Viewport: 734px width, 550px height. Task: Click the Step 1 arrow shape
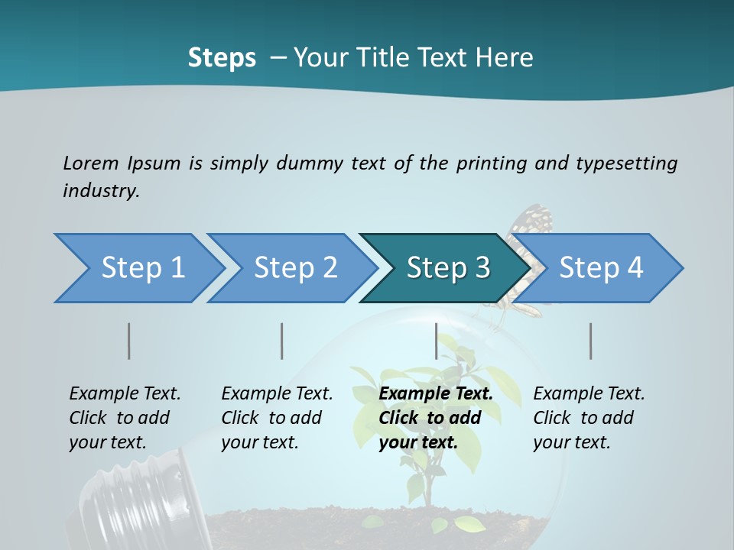138,268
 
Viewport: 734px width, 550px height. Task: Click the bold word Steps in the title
222,58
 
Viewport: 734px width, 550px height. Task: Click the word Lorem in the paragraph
90,163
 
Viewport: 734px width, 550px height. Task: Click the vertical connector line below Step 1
129,341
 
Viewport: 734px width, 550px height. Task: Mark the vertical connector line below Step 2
282,341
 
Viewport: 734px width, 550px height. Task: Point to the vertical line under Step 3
436,341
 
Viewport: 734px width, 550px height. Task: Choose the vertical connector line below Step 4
591,341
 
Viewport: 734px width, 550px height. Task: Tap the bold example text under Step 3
435,418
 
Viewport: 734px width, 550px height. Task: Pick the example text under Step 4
588,418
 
